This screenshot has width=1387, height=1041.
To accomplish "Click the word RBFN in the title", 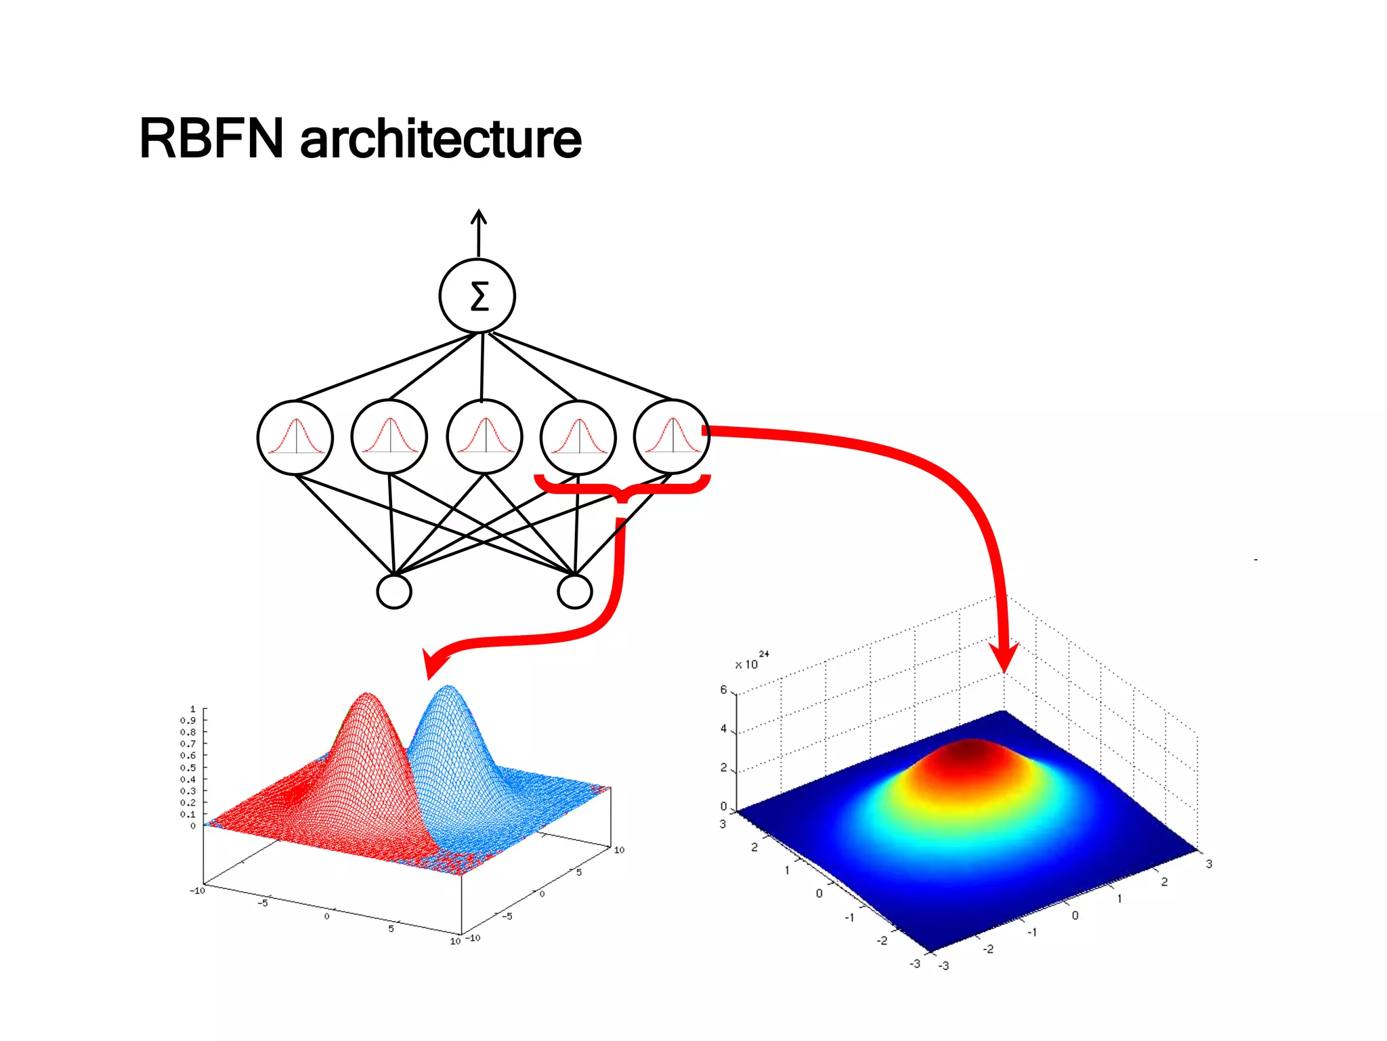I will click(x=211, y=139).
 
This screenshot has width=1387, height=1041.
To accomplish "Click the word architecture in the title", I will click(x=440, y=139).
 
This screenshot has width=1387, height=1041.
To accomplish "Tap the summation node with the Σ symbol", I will click(x=477, y=296).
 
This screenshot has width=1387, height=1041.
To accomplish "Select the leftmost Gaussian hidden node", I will click(x=295, y=437).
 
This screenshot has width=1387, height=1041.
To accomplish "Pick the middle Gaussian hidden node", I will click(x=484, y=437).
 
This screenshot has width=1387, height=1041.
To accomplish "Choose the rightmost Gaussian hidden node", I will click(x=672, y=437).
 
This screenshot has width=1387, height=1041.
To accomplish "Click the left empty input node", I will click(x=393, y=592).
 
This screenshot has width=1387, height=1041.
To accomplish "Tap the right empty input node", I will click(x=574, y=592).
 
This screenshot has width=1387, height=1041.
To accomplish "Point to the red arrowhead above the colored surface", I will click(x=1004, y=657).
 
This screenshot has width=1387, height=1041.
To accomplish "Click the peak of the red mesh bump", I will click(x=366, y=695).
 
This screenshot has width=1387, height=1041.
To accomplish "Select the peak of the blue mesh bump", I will click(x=448, y=688).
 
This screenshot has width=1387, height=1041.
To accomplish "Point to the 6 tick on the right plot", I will click(x=723, y=690).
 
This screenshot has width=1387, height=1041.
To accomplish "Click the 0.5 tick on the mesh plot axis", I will click(x=188, y=768).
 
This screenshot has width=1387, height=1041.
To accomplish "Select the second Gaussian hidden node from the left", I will click(x=389, y=437).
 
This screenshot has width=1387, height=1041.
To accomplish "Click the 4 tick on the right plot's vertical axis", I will click(x=723, y=729).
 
